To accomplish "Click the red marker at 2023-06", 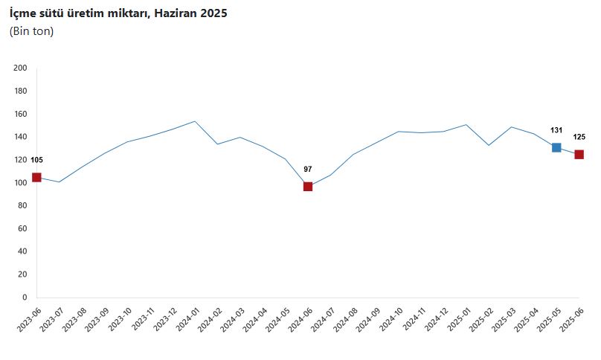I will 36,177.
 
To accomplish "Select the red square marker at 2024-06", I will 308,186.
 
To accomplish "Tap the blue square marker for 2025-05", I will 556,147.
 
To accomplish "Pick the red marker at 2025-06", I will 579,154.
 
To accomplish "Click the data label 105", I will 36,160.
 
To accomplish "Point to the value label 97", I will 308,169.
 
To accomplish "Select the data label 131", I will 556,130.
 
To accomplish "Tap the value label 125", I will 579,137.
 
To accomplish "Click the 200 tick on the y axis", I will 21,68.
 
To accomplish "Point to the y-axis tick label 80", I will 22,206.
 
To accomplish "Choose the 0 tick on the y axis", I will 25,298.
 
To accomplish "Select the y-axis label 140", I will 21,137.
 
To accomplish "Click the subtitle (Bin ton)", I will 31,31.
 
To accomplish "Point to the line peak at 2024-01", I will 195,121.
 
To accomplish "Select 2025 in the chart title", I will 213,13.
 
